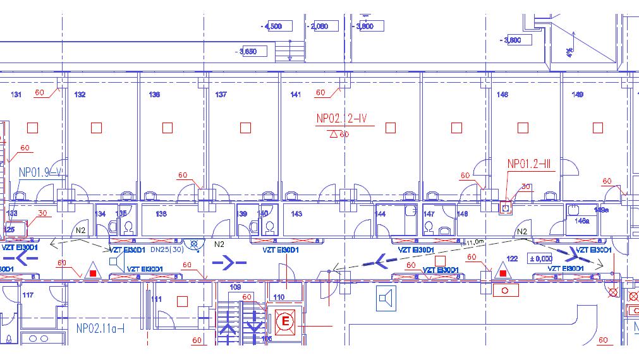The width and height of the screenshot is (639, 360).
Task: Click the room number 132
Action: (x=80, y=95)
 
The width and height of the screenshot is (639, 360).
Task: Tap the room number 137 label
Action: (x=221, y=95)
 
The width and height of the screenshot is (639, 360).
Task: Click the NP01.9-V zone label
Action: (x=40, y=172)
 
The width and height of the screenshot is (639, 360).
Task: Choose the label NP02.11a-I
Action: (x=100, y=328)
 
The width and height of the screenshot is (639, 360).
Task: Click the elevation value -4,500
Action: (x=276, y=27)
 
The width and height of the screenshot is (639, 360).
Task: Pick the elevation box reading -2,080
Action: (x=320, y=27)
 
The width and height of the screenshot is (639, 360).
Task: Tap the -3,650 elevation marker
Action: (x=246, y=51)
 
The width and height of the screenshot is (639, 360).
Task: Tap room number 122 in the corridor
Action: (x=512, y=258)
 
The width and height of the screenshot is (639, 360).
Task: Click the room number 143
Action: (x=296, y=214)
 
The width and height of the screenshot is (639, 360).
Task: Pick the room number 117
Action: (x=28, y=295)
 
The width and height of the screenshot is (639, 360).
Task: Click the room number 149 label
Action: (x=577, y=95)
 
